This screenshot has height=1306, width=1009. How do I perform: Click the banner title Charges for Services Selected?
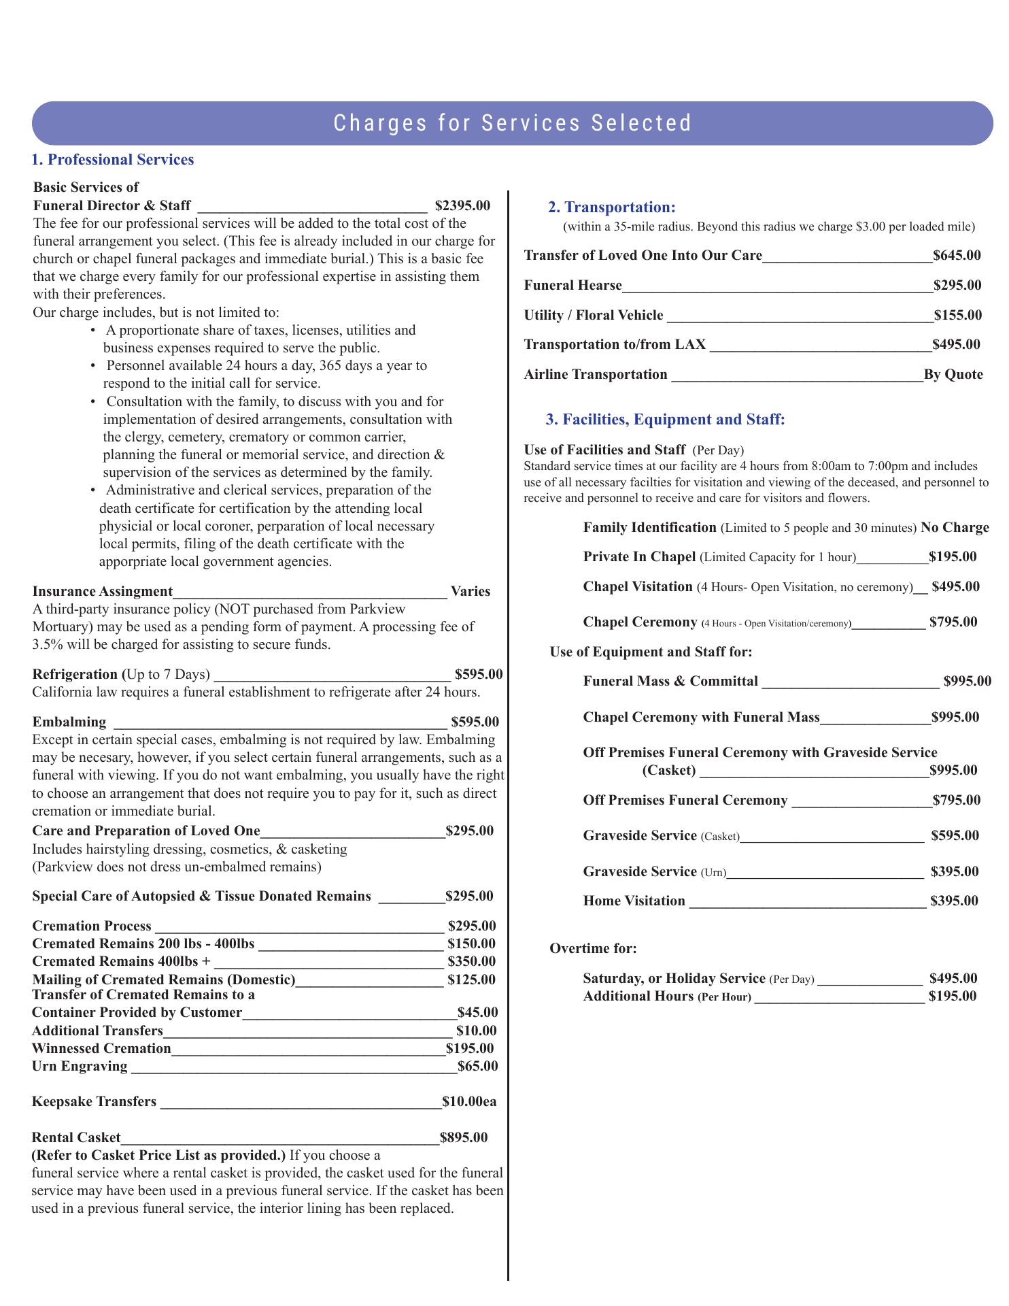pyautogui.click(x=513, y=123)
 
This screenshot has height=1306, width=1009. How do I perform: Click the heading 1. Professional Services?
pyautogui.click(x=113, y=160)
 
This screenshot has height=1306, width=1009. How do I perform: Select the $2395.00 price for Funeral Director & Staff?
pyautogui.click(x=462, y=205)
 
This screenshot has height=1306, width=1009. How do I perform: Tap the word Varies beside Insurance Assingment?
pyautogui.click(x=470, y=591)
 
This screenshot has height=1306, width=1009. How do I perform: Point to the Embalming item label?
pyautogui.click(x=69, y=722)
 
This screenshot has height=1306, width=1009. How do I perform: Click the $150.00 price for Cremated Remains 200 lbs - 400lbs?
pyautogui.click(x=471, y=943)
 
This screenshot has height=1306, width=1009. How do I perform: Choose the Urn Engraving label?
pyautogui.click(x=80, y=1066)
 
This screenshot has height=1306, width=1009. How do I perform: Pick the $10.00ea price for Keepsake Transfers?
pyautogui.click(x=469, y=1101)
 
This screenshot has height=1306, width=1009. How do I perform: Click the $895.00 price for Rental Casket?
pyautogui.click(x=464, y=1137)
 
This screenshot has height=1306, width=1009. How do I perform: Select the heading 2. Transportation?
pyautogui.click(x=612, y=207)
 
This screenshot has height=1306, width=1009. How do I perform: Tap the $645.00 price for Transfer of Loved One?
pyautogui.click(x=957, y=255)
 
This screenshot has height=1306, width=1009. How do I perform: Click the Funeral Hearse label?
pyautogui.click(x=572, y=285)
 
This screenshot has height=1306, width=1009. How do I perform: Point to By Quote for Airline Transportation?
pyautogui.click(x=953, y=374)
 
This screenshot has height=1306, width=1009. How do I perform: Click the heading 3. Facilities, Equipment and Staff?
pyautogui.click(x=665, y=419)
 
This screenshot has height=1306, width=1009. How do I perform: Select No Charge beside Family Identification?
pyautogui.click(x=955, y=528)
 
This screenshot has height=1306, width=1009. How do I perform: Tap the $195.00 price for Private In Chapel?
pyautogui.click(x=953, y=557)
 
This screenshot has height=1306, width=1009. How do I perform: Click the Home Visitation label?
pyautogui.click(x=634, y=901)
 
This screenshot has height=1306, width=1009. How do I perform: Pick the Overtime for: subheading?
pyautogui.click(x=593, y=948)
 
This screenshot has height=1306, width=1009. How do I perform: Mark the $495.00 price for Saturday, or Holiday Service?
pyautogui.click(x=953, y=978)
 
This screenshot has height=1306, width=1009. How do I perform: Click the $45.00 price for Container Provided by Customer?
pyautogui.click(x=477, y=1012)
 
